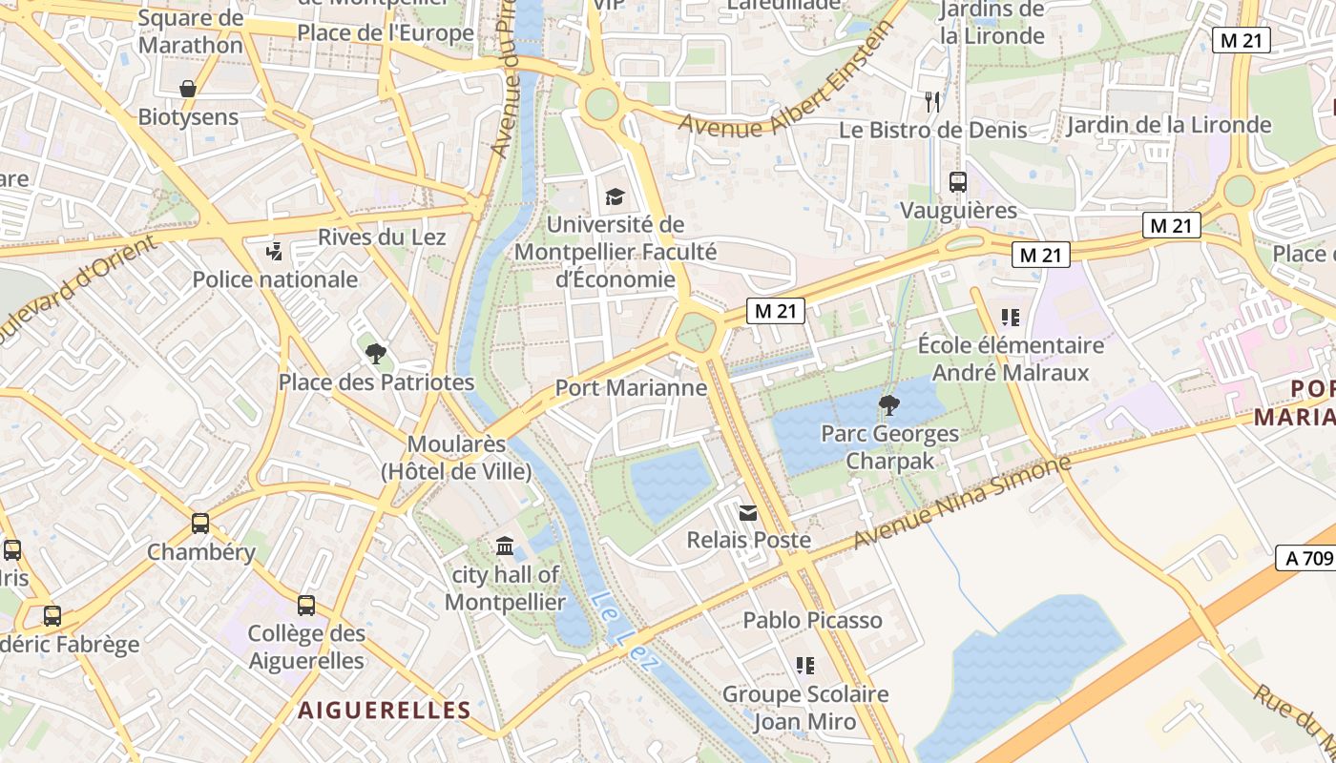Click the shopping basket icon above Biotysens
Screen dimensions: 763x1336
tap(189, 89)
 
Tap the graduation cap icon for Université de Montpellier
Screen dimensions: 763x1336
tap(615, 196)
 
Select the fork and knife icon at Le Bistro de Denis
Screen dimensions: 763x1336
tap(932, 101)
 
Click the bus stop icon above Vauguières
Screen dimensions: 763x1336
tap(957, 181)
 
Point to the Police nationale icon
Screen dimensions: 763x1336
tap(275, 252)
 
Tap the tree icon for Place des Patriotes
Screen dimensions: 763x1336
tap(376, 354)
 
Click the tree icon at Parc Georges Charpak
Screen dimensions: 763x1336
tap(889, 405)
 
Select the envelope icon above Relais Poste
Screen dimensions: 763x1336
tap(748, 513)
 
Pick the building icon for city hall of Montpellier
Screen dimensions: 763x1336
tap(505, 546)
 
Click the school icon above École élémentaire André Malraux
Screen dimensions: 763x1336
tap(1010, 317)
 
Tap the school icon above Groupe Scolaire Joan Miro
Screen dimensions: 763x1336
tap(804, 665)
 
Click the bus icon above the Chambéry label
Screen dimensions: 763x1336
tap(200, 524)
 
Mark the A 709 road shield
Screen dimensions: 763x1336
tap(1305, 558)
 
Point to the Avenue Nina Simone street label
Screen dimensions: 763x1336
tap(962, 503)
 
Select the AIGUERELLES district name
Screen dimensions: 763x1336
tap(385, 710)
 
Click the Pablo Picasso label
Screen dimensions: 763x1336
tap(812, 620)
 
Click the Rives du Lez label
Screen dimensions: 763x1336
tap(382, 237)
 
